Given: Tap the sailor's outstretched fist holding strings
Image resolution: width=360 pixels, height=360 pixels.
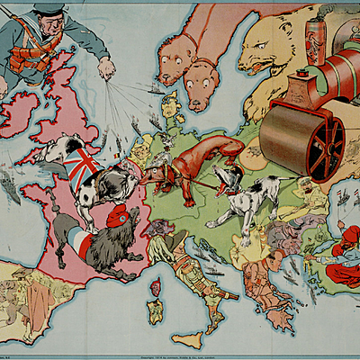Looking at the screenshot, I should tap(107, 67).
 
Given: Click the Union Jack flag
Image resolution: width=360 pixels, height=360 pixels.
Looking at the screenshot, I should tap(82, 166).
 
